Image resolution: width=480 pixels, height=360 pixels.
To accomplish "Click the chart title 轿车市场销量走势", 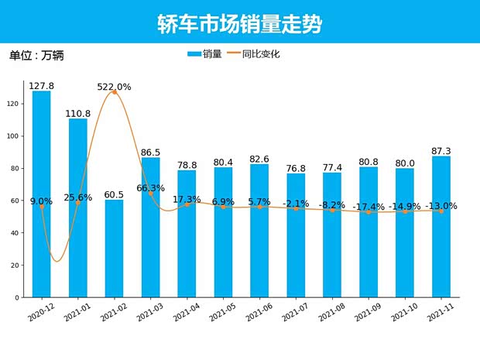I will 239,23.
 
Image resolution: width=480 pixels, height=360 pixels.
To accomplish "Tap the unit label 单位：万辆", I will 36,56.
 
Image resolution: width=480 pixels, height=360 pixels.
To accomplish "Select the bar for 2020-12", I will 42,194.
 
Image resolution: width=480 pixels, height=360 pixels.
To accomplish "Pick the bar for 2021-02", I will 115,248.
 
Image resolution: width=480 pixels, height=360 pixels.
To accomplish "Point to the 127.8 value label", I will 42,86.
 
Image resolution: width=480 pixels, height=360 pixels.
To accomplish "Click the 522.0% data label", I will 115,87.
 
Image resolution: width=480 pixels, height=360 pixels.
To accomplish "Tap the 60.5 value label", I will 115,194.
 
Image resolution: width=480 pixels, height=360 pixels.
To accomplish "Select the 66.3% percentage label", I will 151,188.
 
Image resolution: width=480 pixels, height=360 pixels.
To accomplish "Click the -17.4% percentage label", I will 369,207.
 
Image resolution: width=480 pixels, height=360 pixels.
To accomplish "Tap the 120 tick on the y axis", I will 15,104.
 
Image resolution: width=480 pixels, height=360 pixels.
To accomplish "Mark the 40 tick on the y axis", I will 16,233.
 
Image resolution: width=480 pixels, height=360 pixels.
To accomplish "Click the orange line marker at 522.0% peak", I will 115,92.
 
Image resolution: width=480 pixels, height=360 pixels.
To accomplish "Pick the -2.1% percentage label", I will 296,204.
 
